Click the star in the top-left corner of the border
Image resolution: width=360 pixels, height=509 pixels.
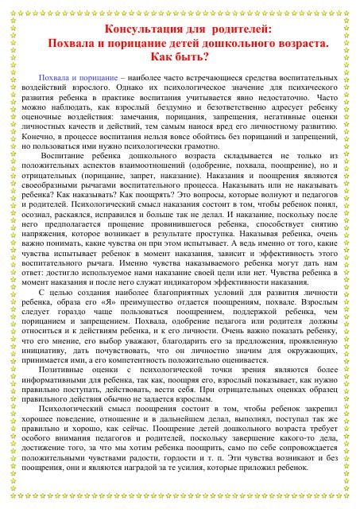7,6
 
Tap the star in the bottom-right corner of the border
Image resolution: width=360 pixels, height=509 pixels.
354,502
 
